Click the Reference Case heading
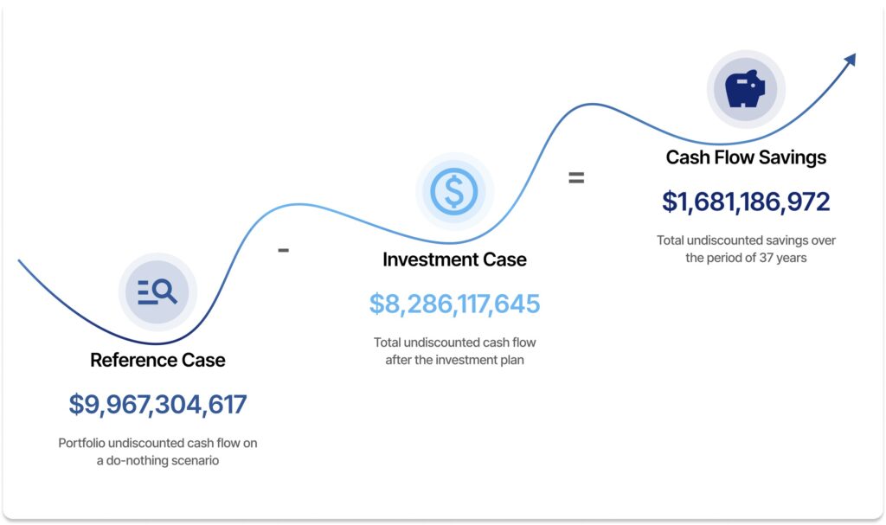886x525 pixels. pyautogui.click(x=157, y=360)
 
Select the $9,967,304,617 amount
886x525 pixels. pyautogui.click(x=157, y=405)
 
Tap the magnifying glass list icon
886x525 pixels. pyautogui.click(x=157, y=292)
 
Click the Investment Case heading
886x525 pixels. pyautogui.click(x=454, y=259)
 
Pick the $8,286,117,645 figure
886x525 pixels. pyautogui.click(x=454, y=304)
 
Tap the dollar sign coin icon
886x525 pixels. pyautogui.click(x=454, y=191)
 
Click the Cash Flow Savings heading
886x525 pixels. pyautogui.click(x=746, y=157)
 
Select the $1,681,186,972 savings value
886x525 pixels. pyautogui.click(x=746, y=202)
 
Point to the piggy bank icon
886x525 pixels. pyautogui.click(x=745, y=89)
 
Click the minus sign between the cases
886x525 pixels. pyautogui.click(x=283, y=250)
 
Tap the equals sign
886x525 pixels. pyautogui.click(x=576, y=178)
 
